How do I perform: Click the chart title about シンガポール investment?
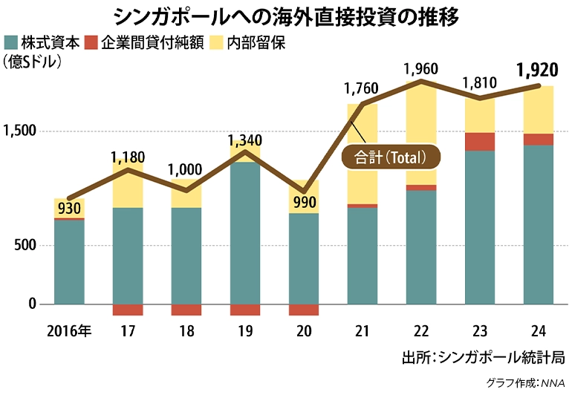(x=286, y=16)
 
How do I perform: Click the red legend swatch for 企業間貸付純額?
(x=91, y=42)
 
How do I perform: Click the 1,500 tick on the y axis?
(x=20, y=131)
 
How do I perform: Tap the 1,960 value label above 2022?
(x=421, y=69)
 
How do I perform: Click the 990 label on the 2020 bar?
(x=304, y=202)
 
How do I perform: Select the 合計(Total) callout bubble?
(x=390, y=157)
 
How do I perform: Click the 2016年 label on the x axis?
(x=68, y=331)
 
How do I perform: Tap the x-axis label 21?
(x=362, y=331)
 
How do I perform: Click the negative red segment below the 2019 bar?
(x=244, y=310)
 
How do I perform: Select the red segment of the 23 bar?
(x=479, y=142)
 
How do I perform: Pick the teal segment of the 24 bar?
(x=538, y=223)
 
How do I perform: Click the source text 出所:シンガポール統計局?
(x=482, y=357)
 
